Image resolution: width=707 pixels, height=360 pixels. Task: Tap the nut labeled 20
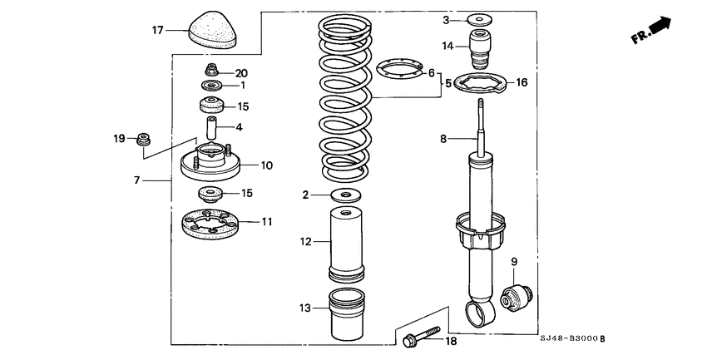click(x=211, y=71)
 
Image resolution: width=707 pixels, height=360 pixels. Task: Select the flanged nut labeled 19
click(x=142, y=136)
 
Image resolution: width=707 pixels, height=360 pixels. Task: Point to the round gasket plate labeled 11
click(x=210, y=223)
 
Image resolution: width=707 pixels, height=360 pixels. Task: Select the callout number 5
click(x=448, y=83)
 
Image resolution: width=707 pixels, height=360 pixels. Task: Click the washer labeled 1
click(x=211, y=86)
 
